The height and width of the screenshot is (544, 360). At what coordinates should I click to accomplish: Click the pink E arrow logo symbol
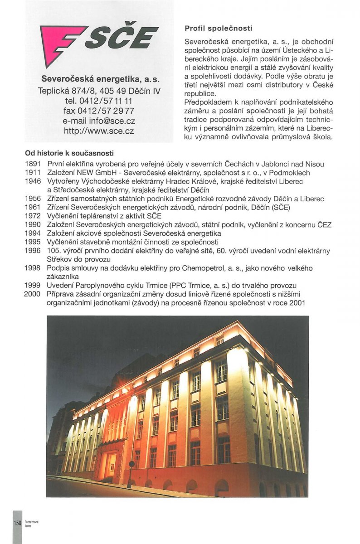(61, 42)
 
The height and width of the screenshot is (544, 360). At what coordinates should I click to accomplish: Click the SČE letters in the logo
(122, 37)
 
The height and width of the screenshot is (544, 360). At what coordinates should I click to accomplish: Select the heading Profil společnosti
(219, 28)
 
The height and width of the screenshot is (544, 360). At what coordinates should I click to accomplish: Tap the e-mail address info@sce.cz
(99, 121)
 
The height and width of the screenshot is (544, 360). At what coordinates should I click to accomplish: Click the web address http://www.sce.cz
(99, 131)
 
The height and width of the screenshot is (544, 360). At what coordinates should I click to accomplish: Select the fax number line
(99, 111)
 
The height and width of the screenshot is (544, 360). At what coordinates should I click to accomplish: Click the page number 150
(17, 523)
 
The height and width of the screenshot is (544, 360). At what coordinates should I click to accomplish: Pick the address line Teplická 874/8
(99, 91)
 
